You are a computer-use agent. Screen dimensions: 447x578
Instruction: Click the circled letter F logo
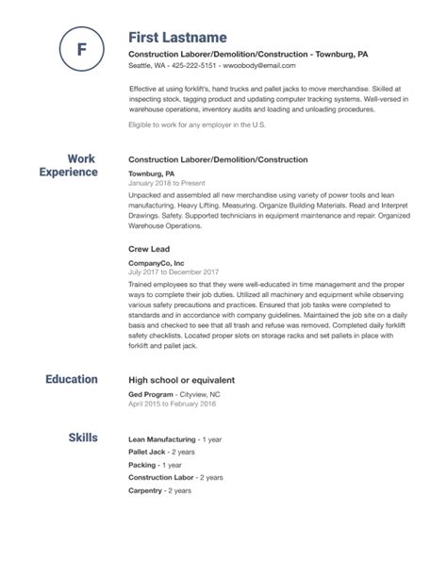tap(80, 47)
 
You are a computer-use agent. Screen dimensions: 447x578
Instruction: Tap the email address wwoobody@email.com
tap(274, 67)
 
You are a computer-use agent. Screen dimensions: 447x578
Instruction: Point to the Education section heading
tap(72, 379)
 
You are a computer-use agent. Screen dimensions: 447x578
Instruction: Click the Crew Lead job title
tap(148, 249)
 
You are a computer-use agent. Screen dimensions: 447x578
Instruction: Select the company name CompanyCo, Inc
tap(157, 263)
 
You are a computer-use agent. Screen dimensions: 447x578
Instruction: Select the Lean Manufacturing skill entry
tap(161, 439)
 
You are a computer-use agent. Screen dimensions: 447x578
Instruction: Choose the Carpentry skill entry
tap(146, 492)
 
